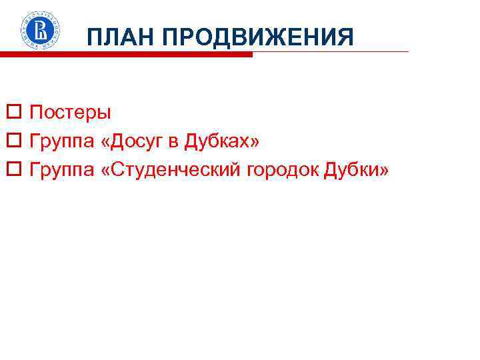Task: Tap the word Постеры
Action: pos(71,111)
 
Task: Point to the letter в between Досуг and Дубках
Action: pos(171,143)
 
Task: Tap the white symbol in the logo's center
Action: pos(41,29)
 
